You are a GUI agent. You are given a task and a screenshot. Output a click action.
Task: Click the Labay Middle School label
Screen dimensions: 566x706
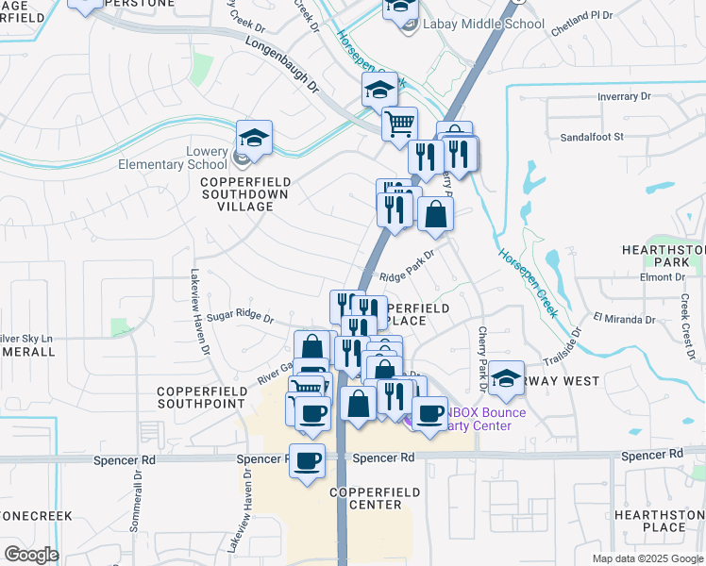pyautogui.click(x=483, y=24)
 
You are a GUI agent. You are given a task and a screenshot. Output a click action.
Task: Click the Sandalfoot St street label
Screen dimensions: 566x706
pyautogui.click(x=592, y=137)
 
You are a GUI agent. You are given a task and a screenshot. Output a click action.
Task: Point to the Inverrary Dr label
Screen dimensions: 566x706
pyautogui.click(x=625, y=97)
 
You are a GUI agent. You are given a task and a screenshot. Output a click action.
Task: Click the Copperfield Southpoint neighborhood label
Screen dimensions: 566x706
pyautogui.click(x=201, y=397)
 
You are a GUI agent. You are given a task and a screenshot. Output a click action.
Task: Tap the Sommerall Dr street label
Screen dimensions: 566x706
pyautogui.click(x=138, y=500)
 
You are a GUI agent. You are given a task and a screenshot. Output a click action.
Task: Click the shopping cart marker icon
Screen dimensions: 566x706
pyautogui.click(x=399, y=123)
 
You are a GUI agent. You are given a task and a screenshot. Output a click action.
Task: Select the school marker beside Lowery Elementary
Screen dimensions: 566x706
pyautogui.click(x=254, y=139)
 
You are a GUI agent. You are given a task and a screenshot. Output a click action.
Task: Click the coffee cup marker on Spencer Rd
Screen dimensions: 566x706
pyautogui.click(x=307, y=461)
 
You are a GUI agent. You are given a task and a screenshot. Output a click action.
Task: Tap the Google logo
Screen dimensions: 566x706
pyautogui.click(x=30, y=555)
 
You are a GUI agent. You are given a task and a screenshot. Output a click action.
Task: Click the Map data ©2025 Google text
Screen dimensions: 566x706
pyautogui.click(x=647, y=558)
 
